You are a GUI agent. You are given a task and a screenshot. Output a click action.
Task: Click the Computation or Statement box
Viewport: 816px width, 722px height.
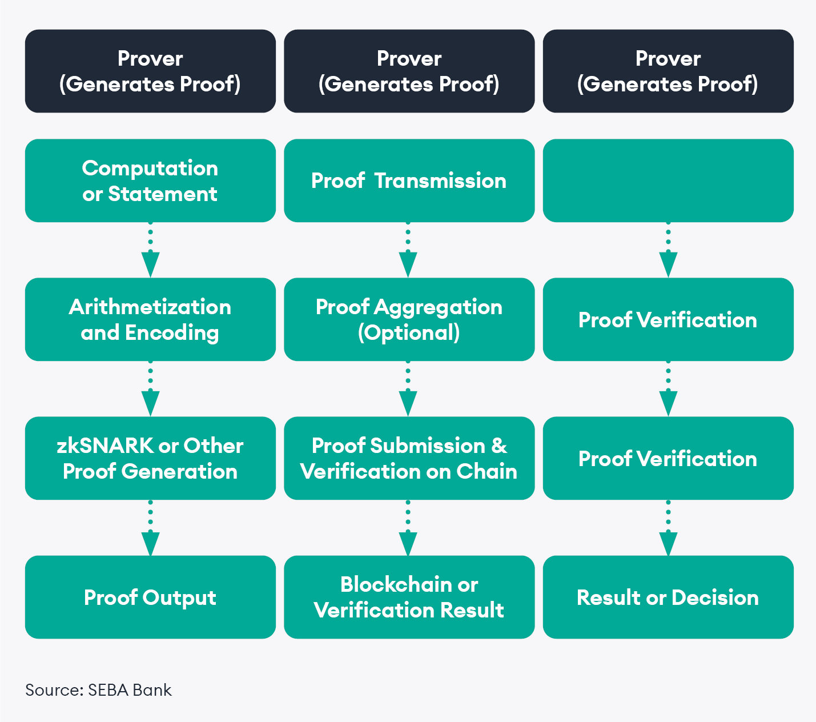pyautogui.click(x=150, y=181)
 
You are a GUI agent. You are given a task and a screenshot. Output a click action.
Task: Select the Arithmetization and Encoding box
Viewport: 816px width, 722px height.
pyautogui.click(x=150, y=319)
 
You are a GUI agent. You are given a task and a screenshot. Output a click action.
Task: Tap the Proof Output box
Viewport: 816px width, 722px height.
pyautogui.click(x=150, y=597)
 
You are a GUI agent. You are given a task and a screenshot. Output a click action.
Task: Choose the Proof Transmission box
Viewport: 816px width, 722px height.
pyautogui.click(x=409, y=181)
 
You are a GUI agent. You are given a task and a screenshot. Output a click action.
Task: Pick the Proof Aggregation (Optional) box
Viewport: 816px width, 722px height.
pyautogui.click(x=409, y=319)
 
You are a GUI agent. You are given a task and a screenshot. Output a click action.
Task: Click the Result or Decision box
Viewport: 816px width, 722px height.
pyautogui.click(x=668, y=597)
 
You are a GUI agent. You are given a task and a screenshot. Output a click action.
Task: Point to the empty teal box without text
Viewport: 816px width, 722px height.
pyautogui.click(x=668, y=181)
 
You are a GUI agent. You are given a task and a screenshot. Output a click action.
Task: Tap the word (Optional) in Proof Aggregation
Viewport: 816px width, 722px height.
pyautogui.click(x=409, y=332)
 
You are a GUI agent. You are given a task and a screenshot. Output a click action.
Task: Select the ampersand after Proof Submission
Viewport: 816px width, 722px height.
pyautogui.click(x=499, y=446)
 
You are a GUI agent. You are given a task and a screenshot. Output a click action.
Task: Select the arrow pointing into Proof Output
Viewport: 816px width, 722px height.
pyautogui.click(x=150, y=528)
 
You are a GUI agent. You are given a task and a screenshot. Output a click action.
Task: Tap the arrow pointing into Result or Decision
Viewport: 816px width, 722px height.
pyautogui.click(x=668, y=528)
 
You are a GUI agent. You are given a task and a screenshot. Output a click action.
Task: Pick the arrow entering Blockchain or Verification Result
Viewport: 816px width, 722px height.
pyautogui.click(x=408, y=528)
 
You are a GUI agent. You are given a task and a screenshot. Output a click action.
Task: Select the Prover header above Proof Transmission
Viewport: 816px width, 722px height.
pyautogui.click(x=409, y=71)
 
